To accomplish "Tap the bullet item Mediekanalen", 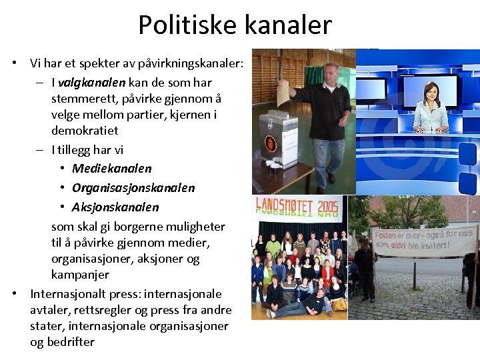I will coord(111,169).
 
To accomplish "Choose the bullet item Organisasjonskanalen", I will coord(133,188).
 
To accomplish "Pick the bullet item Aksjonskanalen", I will coord(115,207).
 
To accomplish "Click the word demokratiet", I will coord(84,131).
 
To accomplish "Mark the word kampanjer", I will coord(80,275).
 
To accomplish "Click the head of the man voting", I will coord(331,72).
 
